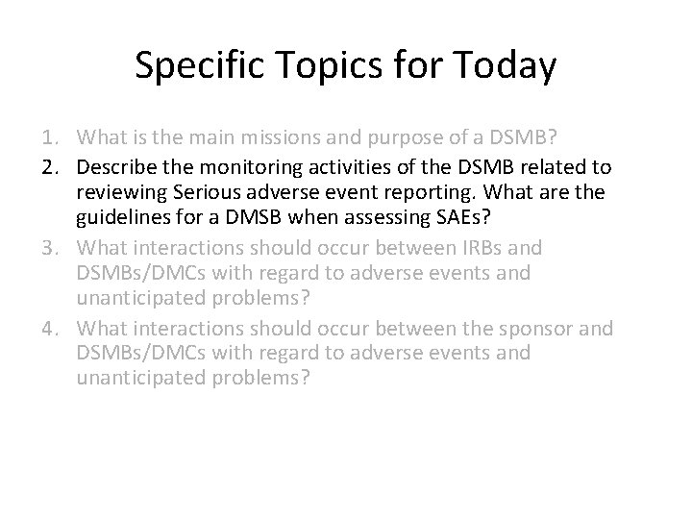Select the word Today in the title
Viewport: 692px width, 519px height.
coord(501,66)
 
